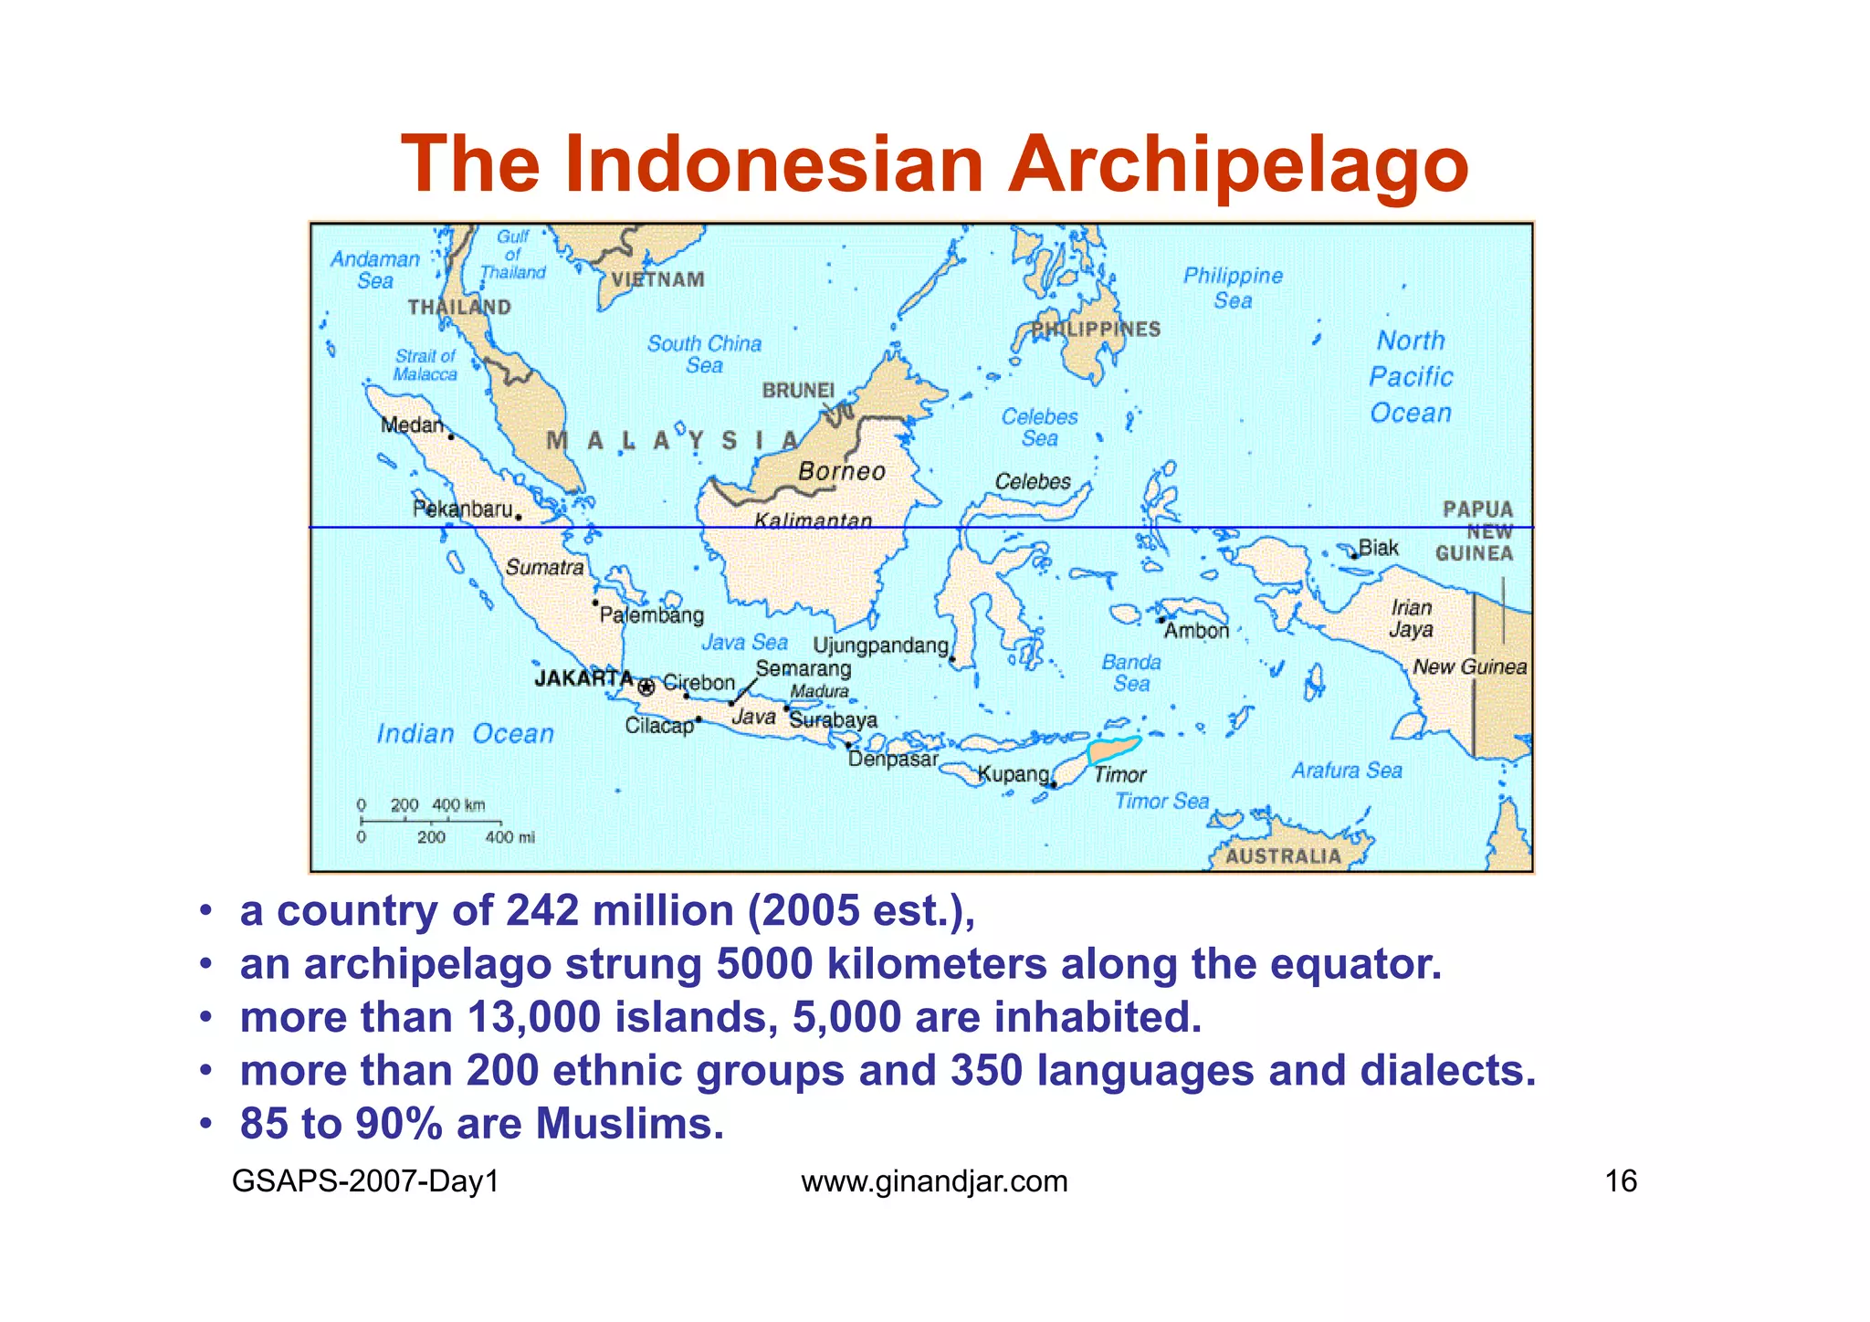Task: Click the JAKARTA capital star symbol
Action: (x=646, y=687)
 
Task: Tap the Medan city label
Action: (x=411, y=425)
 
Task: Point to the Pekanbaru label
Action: (x=462, y=509)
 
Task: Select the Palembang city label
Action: (x=651, y=615)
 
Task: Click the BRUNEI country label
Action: (x=798, y=391)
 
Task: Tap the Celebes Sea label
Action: (x=1039, y=427)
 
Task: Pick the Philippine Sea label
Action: (x=1233, y=288)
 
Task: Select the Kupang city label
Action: (x=1013, y=775)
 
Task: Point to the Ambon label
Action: (x=1196, y=631)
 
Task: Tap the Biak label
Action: (x=1378, y=548)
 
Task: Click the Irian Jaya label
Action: (x=1411, y=618)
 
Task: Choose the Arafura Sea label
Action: (x=1346, y=771)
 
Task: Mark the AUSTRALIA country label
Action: (x=1282, y=856)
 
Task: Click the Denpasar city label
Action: (x=892, y=760)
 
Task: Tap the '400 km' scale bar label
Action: (x=458, y=805)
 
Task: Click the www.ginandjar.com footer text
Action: (x=934, y=1181)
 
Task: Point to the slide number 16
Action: (x=1621, y=1181)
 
